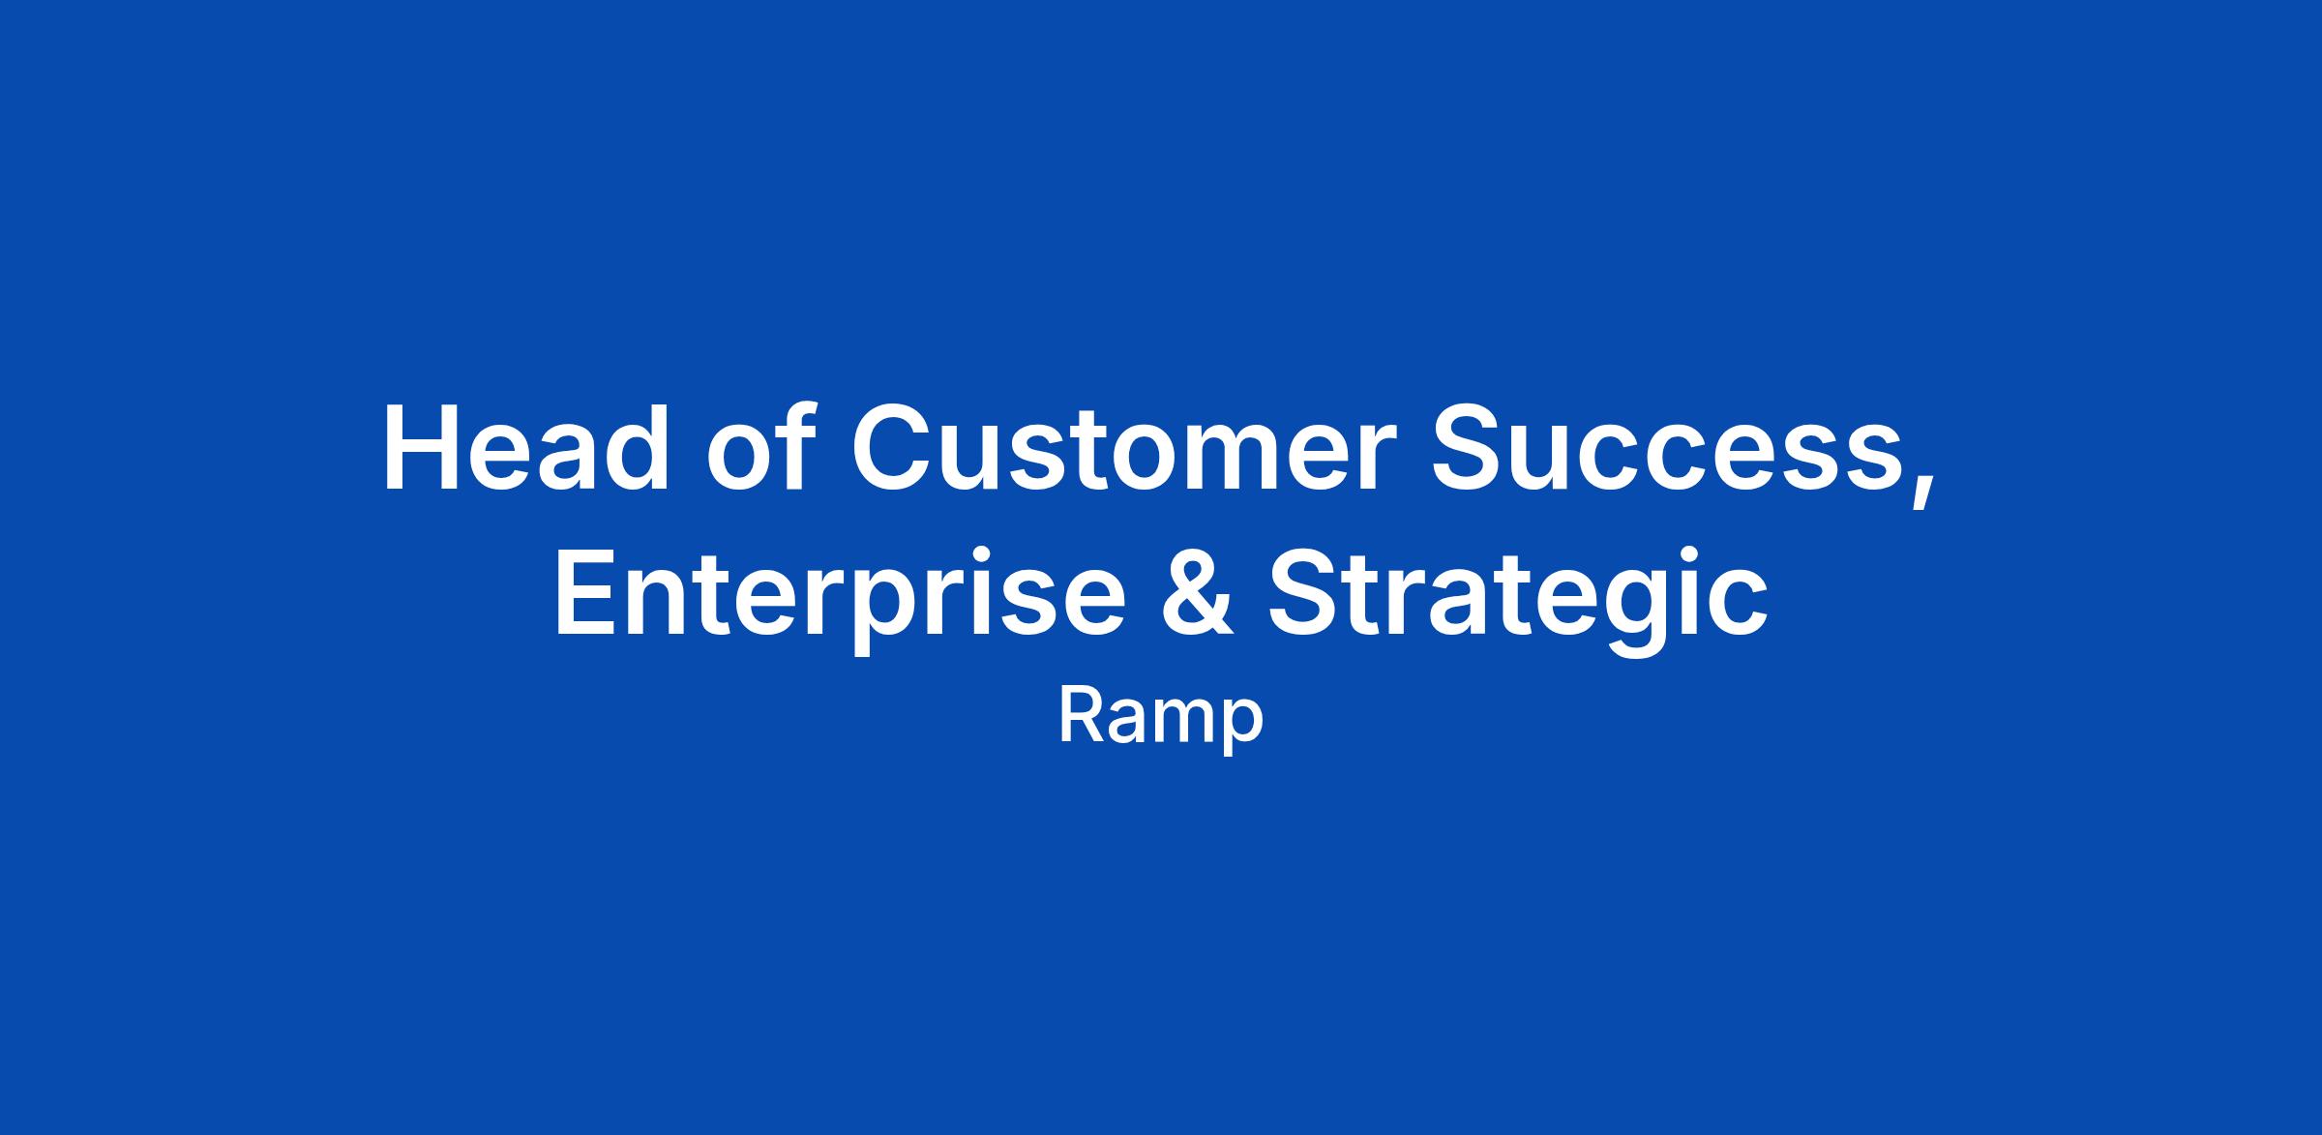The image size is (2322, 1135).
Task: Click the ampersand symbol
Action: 1197,591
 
